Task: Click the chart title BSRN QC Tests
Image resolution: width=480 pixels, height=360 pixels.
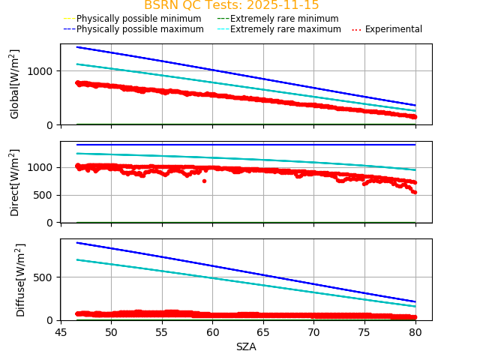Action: (x=231, y=5)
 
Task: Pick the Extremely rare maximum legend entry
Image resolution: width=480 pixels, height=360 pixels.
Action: (x=285, y=29)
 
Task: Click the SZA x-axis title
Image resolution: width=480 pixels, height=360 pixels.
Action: (x=246, y=346)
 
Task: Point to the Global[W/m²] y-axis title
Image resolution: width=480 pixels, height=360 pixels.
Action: (x=15, y=84)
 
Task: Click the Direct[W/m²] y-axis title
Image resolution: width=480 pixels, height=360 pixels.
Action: (x=15, y=182)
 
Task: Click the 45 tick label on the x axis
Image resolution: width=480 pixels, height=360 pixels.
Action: (x=61, y=332)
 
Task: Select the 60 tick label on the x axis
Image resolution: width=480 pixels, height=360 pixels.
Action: (x=212, y=332)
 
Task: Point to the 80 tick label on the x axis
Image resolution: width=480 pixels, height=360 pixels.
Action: (x=415, y=332)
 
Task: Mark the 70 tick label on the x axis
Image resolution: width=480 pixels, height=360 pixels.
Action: (x=313, y=332)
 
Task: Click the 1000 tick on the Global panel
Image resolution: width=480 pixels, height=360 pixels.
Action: (x=42, y=71)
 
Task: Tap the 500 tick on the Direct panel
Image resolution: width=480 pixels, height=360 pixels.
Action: (x=45, y=195)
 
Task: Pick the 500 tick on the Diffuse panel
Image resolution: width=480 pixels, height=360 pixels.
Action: (x=45, y=277)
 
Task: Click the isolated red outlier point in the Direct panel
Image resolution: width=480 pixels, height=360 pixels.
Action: (x=204, y=181)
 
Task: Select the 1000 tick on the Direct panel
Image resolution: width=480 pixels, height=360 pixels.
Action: (x=42, y=167)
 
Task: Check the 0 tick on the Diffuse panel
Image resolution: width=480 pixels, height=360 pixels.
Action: (x=52, y=320)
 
